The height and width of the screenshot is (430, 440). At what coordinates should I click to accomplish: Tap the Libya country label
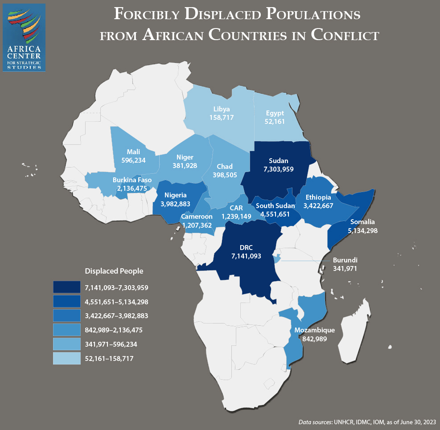point(221,109)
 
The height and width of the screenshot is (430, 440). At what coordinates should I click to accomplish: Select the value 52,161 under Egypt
point(275,121)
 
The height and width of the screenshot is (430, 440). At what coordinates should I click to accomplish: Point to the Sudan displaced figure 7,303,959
point(278,169)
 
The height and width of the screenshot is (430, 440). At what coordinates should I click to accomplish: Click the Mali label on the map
point(133,152)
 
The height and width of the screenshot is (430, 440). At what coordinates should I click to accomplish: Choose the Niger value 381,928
point(185,165)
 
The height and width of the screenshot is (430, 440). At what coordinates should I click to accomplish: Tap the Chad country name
point(225,166)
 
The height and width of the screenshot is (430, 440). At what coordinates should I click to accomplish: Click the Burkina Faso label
point(132,180)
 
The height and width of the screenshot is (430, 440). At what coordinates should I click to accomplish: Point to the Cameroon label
point(197,217)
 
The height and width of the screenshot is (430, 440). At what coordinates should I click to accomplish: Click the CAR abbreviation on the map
point(236,208)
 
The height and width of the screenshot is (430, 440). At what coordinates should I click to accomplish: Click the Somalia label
point(362,221)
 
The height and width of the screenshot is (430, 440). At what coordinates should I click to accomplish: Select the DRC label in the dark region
point(246,248)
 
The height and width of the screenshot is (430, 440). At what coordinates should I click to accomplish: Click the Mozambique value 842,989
point(314,339)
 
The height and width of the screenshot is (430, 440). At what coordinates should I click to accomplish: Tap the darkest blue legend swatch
point(66,288)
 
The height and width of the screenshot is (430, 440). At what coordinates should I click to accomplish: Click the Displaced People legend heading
point(114,271)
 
